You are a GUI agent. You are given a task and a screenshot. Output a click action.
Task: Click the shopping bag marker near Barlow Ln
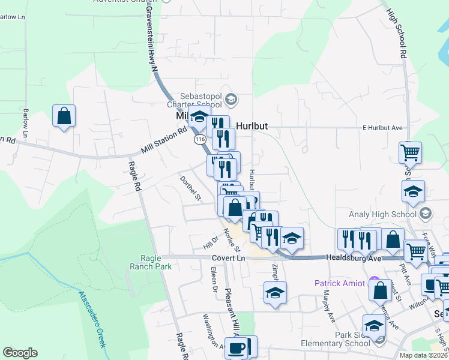pos(64,116)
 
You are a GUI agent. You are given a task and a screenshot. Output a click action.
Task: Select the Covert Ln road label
pos(229,258)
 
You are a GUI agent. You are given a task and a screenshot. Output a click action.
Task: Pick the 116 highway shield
pos(200,139)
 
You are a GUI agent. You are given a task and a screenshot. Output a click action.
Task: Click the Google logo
pos(20,353)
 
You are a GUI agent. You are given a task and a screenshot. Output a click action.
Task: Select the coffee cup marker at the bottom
pos(237,348)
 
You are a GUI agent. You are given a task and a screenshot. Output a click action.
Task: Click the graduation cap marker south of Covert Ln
pos(275,293)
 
